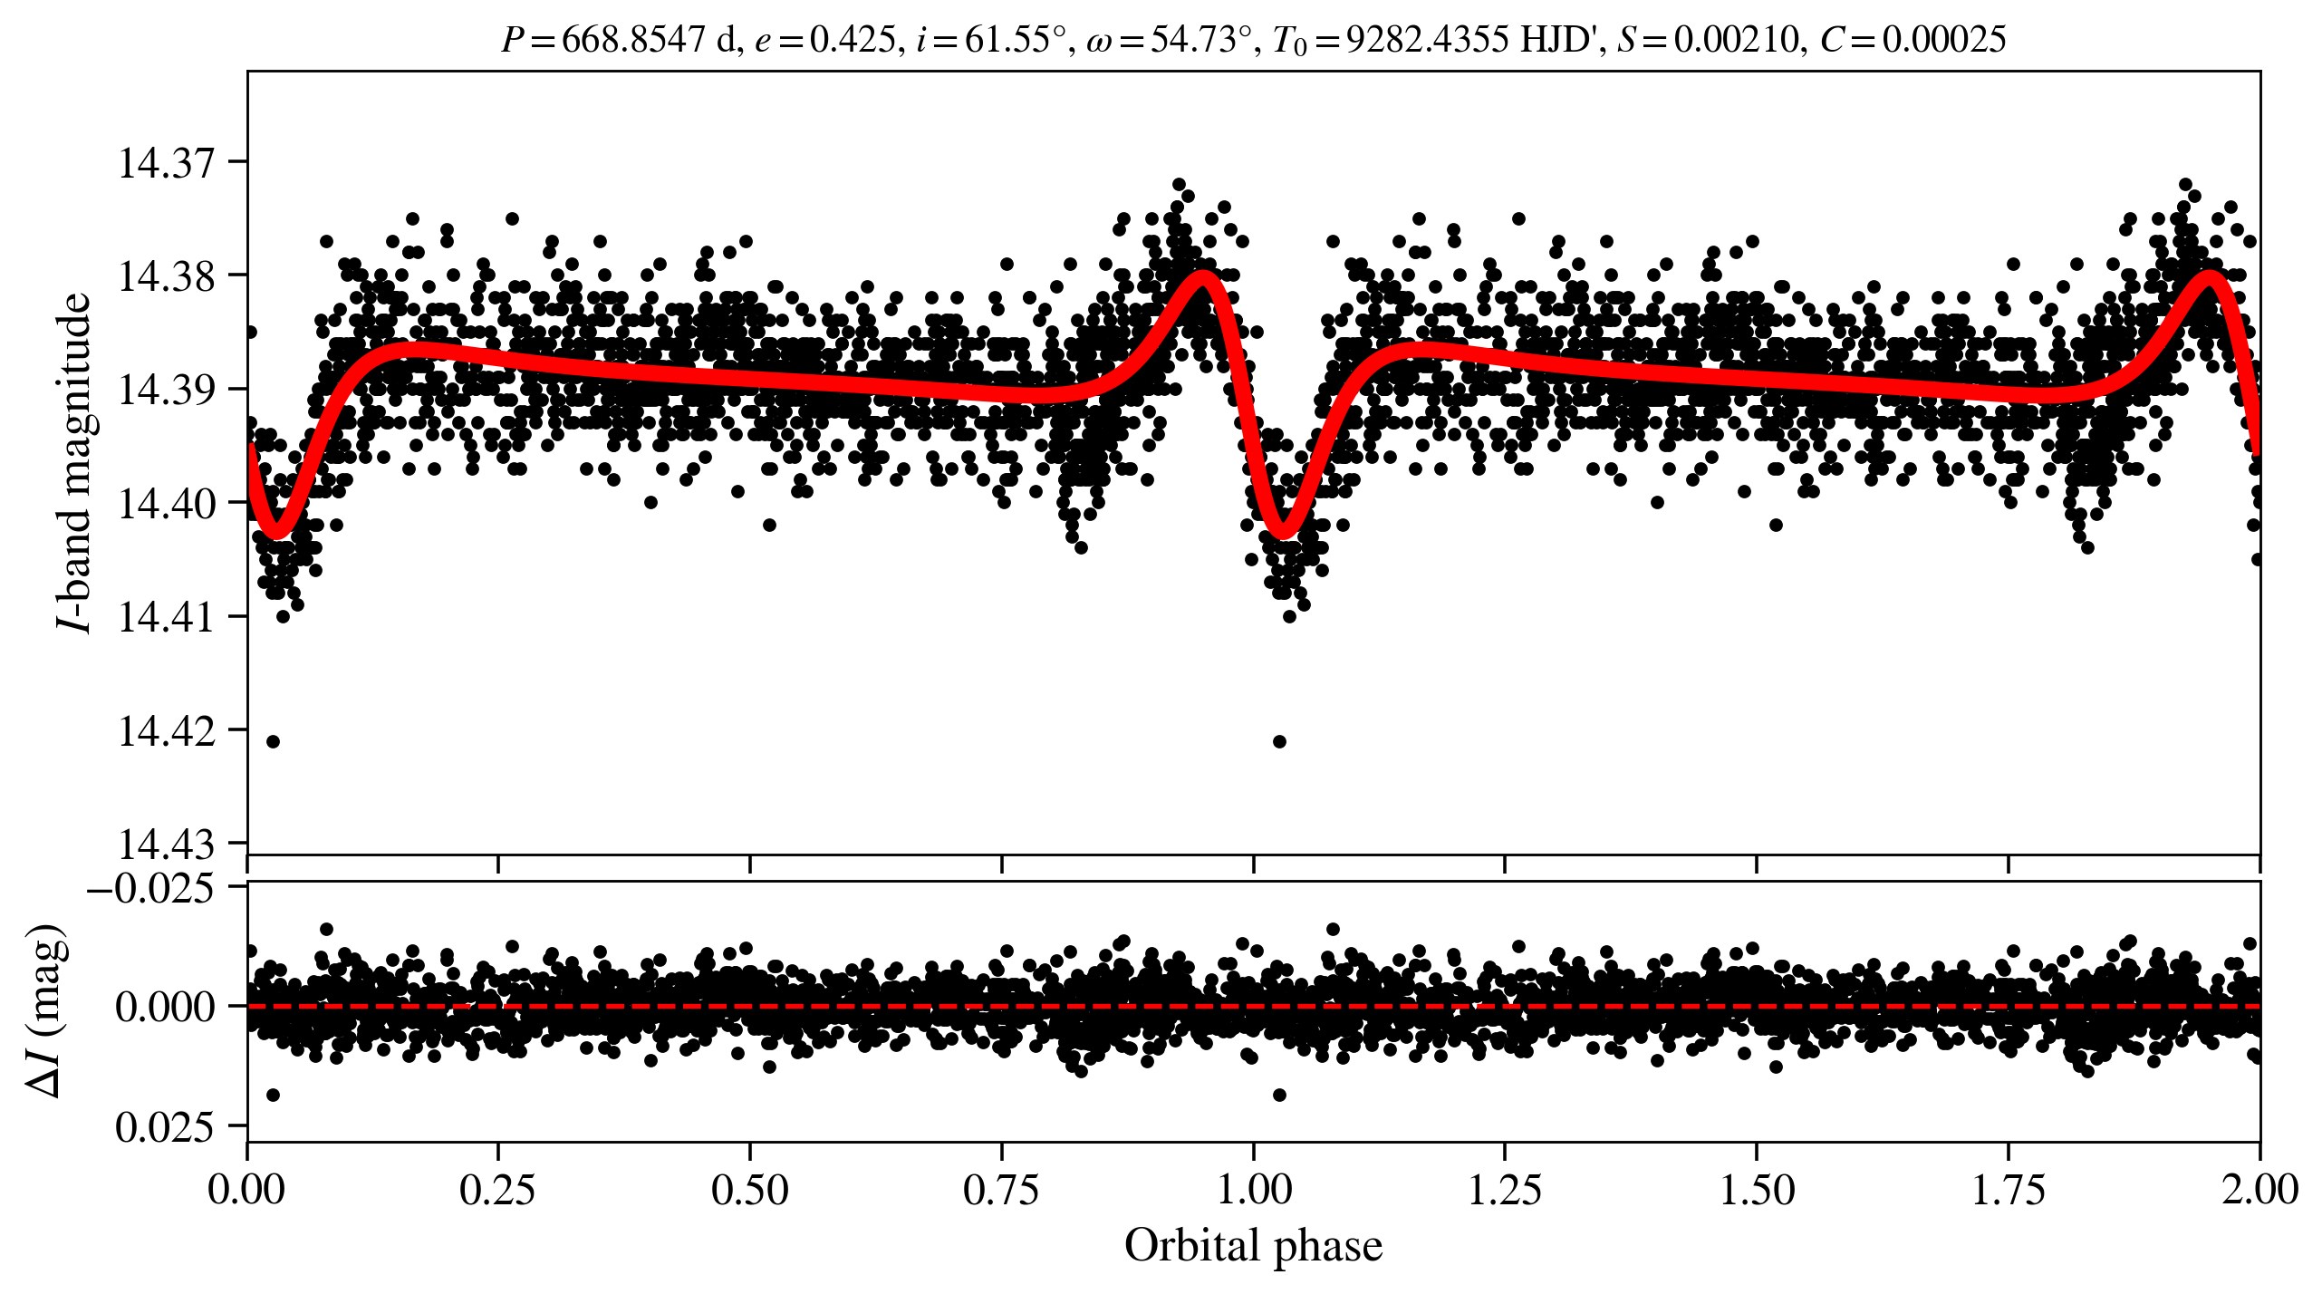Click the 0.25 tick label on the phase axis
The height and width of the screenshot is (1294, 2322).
pos(497,1190)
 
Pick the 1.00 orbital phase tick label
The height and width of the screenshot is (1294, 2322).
pos(1254,1190)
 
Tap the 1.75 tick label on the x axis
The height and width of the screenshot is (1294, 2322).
pos(2009,1190)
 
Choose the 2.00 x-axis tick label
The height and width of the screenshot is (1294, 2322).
pos(2259,1190)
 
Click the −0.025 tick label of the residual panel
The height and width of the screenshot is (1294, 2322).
pos(150,889)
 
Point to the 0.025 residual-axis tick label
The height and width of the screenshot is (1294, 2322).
pos(164,1128)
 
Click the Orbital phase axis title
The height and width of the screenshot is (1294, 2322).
pos(1254,1246)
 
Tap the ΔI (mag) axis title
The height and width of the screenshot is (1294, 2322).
pos(45,1010)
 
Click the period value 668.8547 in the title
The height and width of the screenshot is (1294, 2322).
pos(632,40)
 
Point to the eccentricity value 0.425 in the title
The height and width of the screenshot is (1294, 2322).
pos(852,40)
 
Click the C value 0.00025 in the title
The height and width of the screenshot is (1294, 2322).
pos(1944,40)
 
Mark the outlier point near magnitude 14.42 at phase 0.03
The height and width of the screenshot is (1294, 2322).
pos(273,742)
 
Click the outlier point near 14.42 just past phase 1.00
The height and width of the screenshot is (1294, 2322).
pos(1279,742)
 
